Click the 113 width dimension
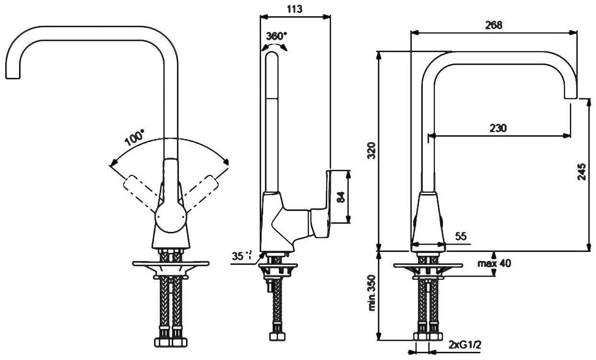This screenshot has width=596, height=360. tap(295, 9)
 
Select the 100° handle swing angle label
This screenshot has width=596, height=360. tap(134, 139)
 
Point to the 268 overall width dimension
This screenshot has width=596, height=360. tap(493, 26)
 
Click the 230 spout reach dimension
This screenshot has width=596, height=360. tap(498, 128)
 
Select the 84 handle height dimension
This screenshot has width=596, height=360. tap(341, 196)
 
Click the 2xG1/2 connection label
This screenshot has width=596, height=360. tap(464, 345)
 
